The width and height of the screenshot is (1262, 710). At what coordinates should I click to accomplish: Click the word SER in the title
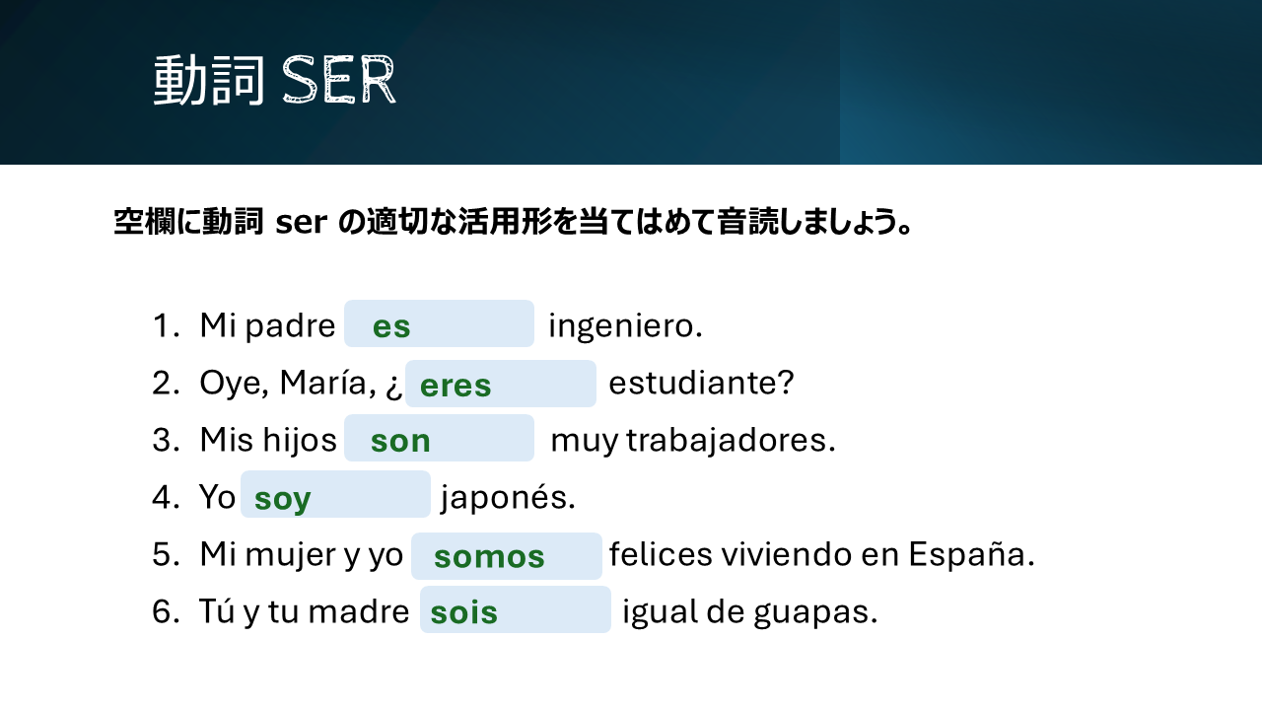339,80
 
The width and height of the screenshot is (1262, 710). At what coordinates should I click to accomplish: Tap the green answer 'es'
391,326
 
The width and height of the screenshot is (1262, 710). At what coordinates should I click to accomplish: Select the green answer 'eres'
456,386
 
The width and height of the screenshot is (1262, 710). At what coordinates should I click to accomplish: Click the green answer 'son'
400,441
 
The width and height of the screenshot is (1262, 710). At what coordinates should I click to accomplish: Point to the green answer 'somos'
489,557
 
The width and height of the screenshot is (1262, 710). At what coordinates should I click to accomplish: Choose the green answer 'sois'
463,612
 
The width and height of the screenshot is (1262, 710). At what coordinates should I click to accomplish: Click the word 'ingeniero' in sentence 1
622,326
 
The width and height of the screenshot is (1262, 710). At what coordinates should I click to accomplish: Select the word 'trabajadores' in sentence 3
727,441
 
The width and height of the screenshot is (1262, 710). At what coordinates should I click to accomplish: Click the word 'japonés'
504,498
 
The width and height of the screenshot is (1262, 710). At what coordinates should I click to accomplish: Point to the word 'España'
967,554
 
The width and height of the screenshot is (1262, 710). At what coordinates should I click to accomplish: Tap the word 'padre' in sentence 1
290,326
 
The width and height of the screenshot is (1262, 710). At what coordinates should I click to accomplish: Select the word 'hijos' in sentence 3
300,440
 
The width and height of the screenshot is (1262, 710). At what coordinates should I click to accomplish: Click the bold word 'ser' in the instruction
302,222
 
